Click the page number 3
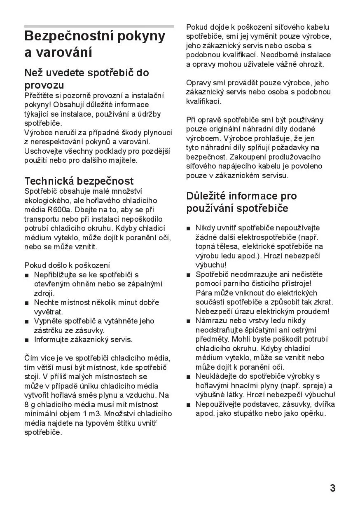tap(332, 488)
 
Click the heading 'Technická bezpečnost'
tap(79, 181)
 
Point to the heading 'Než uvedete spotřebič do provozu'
tap(86, 79)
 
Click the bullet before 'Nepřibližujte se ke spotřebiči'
tap(27, 275)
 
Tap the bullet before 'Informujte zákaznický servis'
tap(27, 340)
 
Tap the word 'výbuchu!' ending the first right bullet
tap(211, 265)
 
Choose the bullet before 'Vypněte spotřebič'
tap(27, 321)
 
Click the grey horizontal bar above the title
tap(99, 26)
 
